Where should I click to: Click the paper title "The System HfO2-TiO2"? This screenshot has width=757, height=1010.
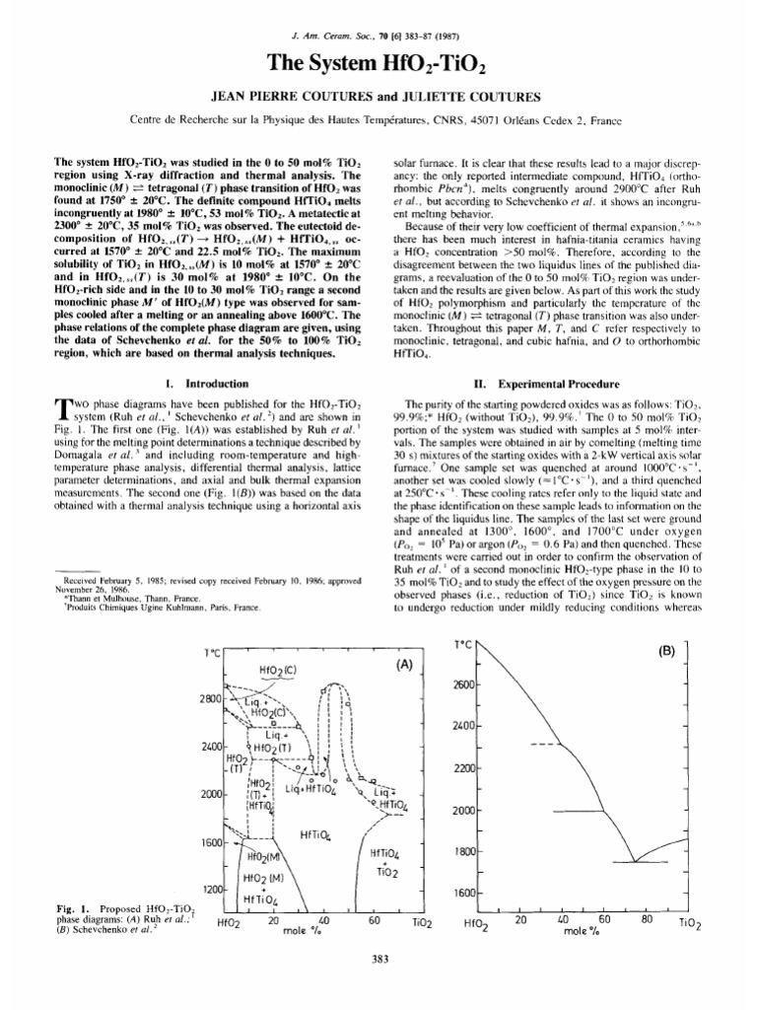pyautogui.click(x=378, y=65)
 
